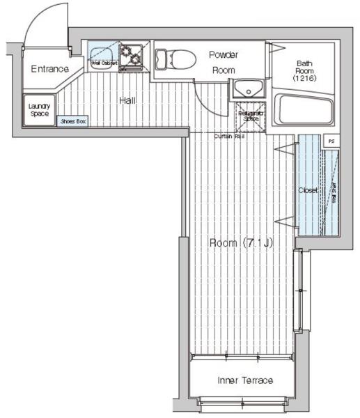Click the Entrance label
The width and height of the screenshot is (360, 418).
pyautogui.click(x=49, y=69)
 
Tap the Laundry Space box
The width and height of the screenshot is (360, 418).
pyautogui.click(x=38, y=109)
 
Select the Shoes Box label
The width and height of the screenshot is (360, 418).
pyautogui.click(x=72, y=121)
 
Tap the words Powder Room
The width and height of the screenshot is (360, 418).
pyautogui.click(x=224, y=62)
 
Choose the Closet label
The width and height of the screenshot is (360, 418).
pyautogui.click(x=307, y=189)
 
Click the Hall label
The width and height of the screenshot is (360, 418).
pyautogui.click(x=127, y=100)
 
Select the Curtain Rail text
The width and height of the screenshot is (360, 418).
pyautogui.click(x=229, y=136)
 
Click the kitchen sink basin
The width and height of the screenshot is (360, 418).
pyautogui.click(x=103, y=54)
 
